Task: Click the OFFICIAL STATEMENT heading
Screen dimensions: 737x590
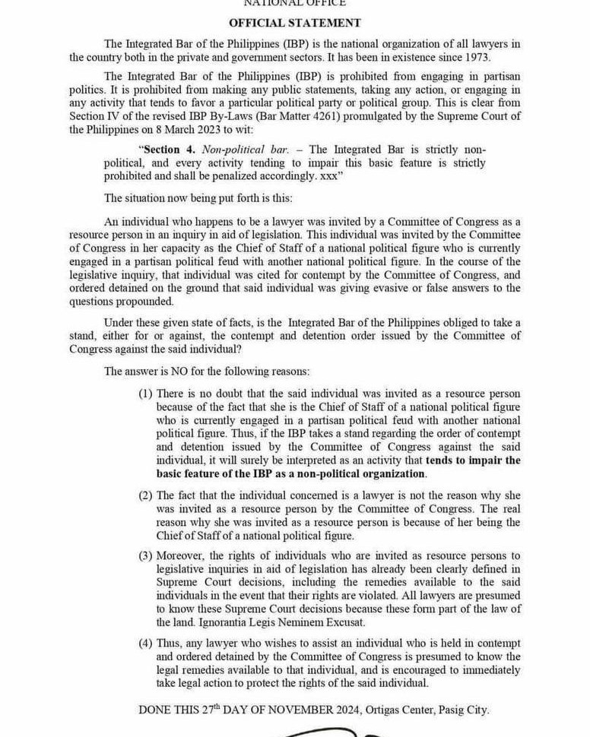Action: coord(295,23)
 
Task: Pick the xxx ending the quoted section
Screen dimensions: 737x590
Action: coord(328,176)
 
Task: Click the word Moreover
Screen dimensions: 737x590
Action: coord(182,556)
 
